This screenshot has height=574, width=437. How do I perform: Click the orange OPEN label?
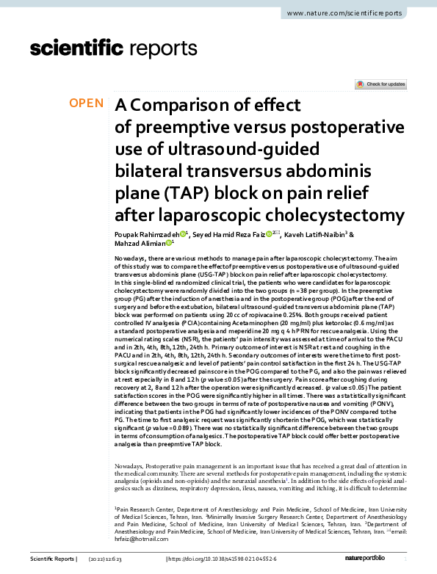(87, 103)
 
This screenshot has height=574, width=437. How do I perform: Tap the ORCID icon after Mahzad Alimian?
(168, 243)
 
